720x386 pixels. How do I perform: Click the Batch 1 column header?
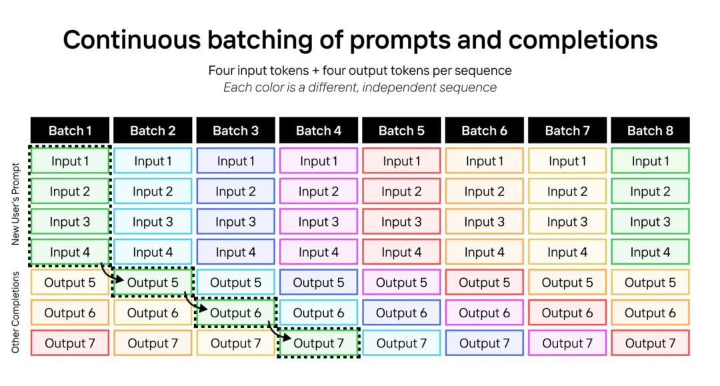tap(70, 131)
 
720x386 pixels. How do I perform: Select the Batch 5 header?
tap(401, 131)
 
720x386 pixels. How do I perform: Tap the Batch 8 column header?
tap(650, 131)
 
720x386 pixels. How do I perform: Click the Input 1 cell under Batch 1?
tap(70, 161)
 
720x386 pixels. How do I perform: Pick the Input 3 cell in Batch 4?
tap(319, 222)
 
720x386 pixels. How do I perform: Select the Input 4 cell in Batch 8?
tap(650, 252)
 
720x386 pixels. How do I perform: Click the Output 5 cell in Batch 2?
tap(153, 282)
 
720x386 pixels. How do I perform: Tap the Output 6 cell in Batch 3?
tap(235, 313)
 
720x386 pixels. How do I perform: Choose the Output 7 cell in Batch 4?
tap(319, 343)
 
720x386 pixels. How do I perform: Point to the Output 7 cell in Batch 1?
tap(70, 343)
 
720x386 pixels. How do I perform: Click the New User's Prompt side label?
tap(15, 204)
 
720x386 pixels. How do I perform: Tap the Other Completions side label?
tap(15, 313)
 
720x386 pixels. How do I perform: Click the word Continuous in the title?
tap(132, 39)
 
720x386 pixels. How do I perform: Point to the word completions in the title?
tap(583, 41)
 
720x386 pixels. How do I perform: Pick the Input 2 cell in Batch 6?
tap(485, 191)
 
